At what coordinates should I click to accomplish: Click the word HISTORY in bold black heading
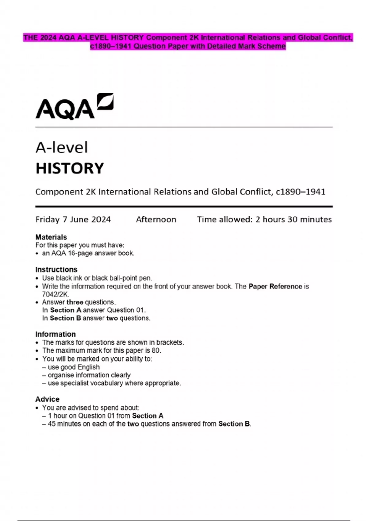tap(70, 168)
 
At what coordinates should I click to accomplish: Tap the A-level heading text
tap(62, 148)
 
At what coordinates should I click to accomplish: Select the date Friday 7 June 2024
tap(73, 219)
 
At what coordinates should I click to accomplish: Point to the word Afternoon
tap(156, 219)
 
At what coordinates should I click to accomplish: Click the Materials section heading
tap(51, 237)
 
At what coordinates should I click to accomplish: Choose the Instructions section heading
tap(56, 269)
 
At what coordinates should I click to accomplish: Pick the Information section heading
tap(55, 334)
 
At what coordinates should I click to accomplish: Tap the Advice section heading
tap(47, 399)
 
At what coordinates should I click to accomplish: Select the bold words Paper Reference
tap(275, 286)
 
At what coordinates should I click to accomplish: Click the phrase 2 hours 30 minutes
tap(293, 219)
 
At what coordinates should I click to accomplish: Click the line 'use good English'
tap(74, 367)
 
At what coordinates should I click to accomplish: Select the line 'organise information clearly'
tap(89, 375)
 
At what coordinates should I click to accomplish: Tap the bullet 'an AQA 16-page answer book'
tap(88, 253)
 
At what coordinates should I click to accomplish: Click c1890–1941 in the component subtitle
tap(301, 192)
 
